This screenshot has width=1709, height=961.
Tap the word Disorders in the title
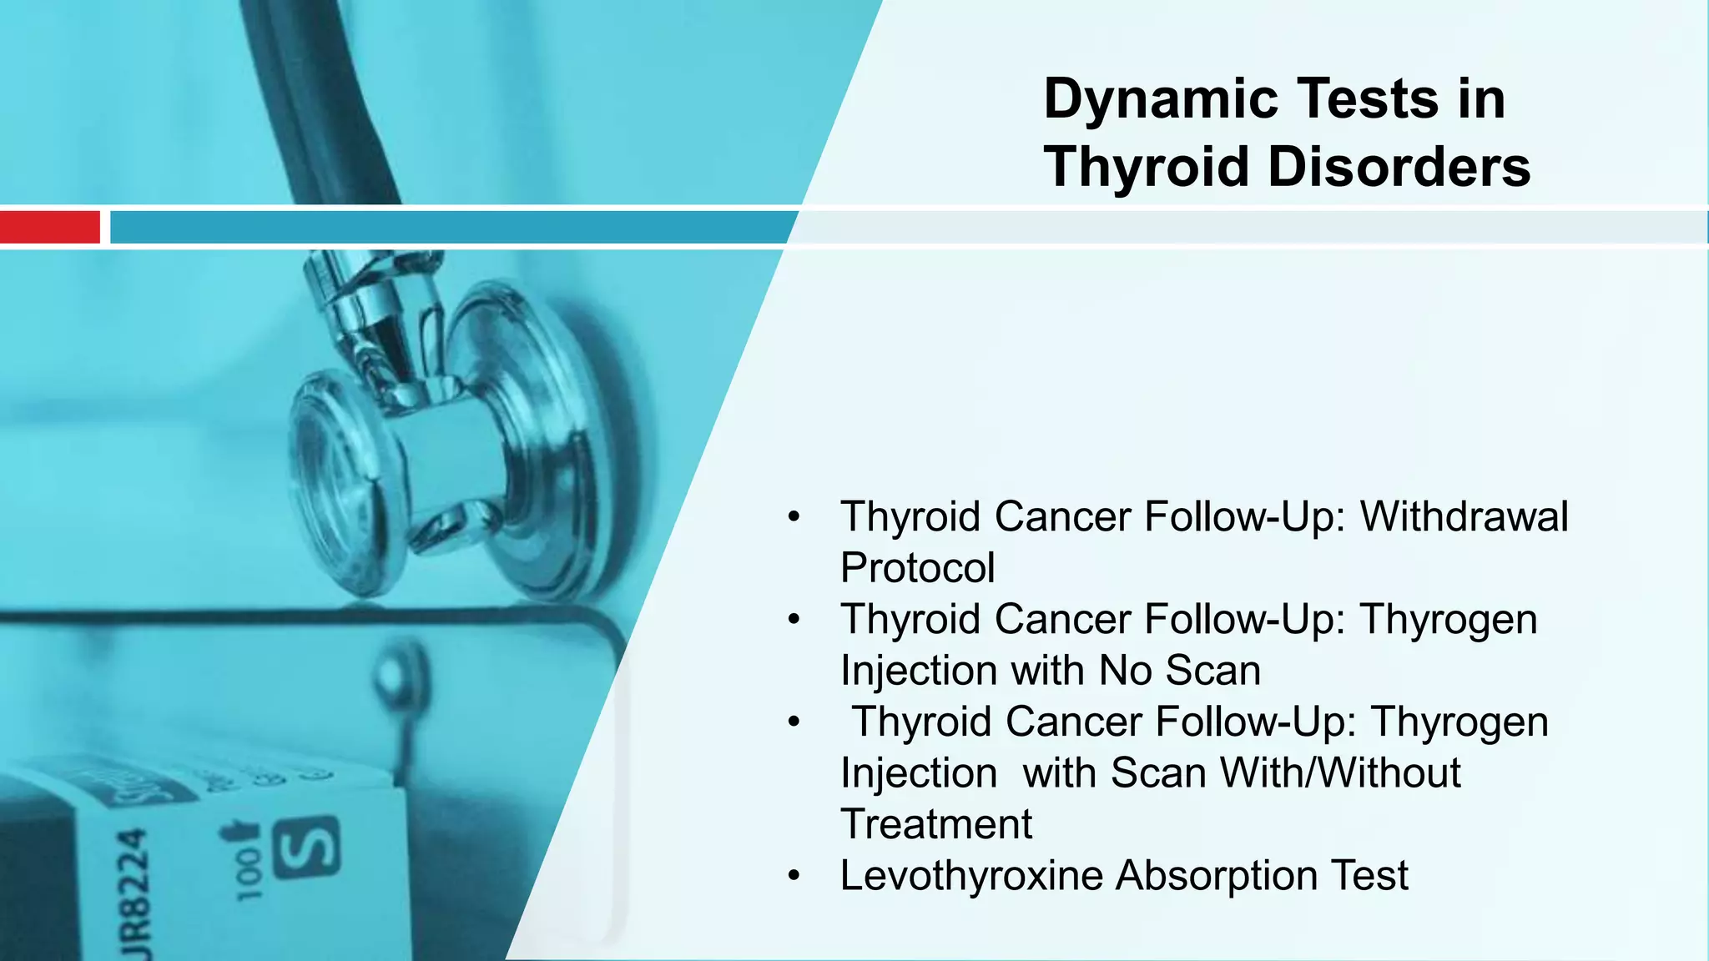1399,167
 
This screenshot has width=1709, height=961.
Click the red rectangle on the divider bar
49,227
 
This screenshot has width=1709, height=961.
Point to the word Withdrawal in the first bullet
1464,516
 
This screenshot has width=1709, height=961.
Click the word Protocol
917,568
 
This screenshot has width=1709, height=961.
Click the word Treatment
935,824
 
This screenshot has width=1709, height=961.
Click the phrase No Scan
1179,671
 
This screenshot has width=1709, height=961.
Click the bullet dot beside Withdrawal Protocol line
794,517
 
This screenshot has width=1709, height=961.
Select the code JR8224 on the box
134,893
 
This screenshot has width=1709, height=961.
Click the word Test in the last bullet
1369,876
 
